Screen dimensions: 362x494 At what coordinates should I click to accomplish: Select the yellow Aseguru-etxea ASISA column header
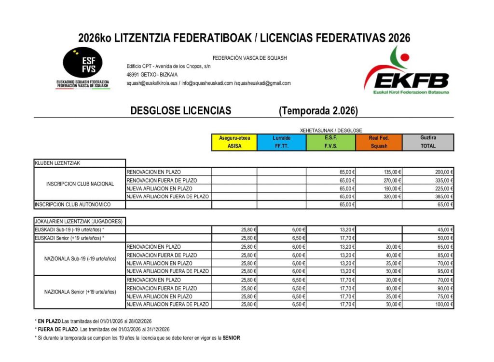[x=234, y=142]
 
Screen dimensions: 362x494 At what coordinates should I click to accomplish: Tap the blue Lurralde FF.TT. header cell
[x=281, y=142]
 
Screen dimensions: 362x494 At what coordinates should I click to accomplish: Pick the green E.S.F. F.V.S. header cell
[x=330, y=142]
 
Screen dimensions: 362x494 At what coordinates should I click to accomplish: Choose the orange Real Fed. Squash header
[x=379, y=142]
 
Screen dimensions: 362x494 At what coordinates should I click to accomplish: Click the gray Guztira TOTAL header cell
[x=428, y=142]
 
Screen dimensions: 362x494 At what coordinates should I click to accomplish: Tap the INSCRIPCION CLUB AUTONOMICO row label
[x=73, y=205]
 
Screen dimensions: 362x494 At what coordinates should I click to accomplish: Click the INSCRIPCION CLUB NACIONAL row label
[x=80, y=184]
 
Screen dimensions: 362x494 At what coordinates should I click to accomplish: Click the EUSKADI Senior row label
[x=69, y=238]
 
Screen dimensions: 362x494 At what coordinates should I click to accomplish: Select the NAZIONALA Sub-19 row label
[x=80, y=258]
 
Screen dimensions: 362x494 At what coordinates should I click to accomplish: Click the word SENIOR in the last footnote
[x=231, y=338]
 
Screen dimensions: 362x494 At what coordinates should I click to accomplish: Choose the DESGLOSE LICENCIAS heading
[x=180, y=111]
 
